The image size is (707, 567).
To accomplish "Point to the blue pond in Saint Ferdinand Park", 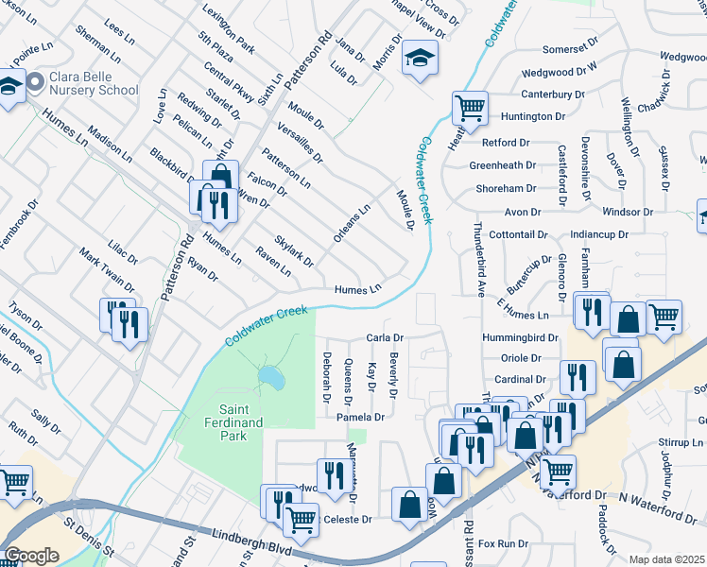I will (269, 377).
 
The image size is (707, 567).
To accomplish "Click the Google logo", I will (31, 556).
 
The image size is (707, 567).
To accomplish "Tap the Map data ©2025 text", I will (665, 559).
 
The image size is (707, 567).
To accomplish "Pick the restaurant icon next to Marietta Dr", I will (331, 475).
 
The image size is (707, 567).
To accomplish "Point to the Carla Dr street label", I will (385, 337).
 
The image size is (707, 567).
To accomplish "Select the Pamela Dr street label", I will (360, 417).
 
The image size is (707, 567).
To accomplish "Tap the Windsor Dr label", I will (621, 213).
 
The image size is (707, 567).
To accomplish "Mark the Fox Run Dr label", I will (503, 543).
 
